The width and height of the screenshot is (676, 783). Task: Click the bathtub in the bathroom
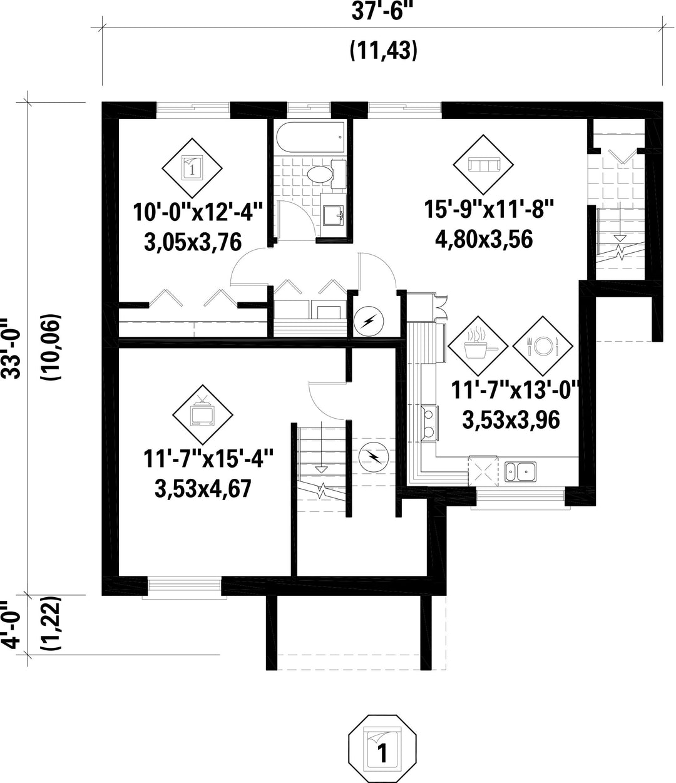pos(310,138)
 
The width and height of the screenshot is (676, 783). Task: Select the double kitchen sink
pos(520,472)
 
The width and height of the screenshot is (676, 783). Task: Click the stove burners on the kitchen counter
pos(430,424)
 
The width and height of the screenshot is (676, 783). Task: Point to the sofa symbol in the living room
pos(483,165)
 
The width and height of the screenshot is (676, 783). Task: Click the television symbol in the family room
pos(202,415)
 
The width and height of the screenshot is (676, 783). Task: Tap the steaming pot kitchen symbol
pos(478,346)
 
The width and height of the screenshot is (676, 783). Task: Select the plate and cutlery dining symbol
pos(543,346)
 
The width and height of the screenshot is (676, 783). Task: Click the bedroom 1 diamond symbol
pos(192,168)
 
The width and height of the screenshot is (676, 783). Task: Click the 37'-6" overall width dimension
pos(382,12)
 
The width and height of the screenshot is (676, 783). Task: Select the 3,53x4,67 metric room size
pos(203,488)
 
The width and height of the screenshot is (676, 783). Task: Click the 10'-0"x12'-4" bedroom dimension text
pos(198,212)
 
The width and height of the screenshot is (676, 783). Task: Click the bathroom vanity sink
pos(333,215)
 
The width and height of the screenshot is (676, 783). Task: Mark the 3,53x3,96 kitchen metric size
pos(511,420)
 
